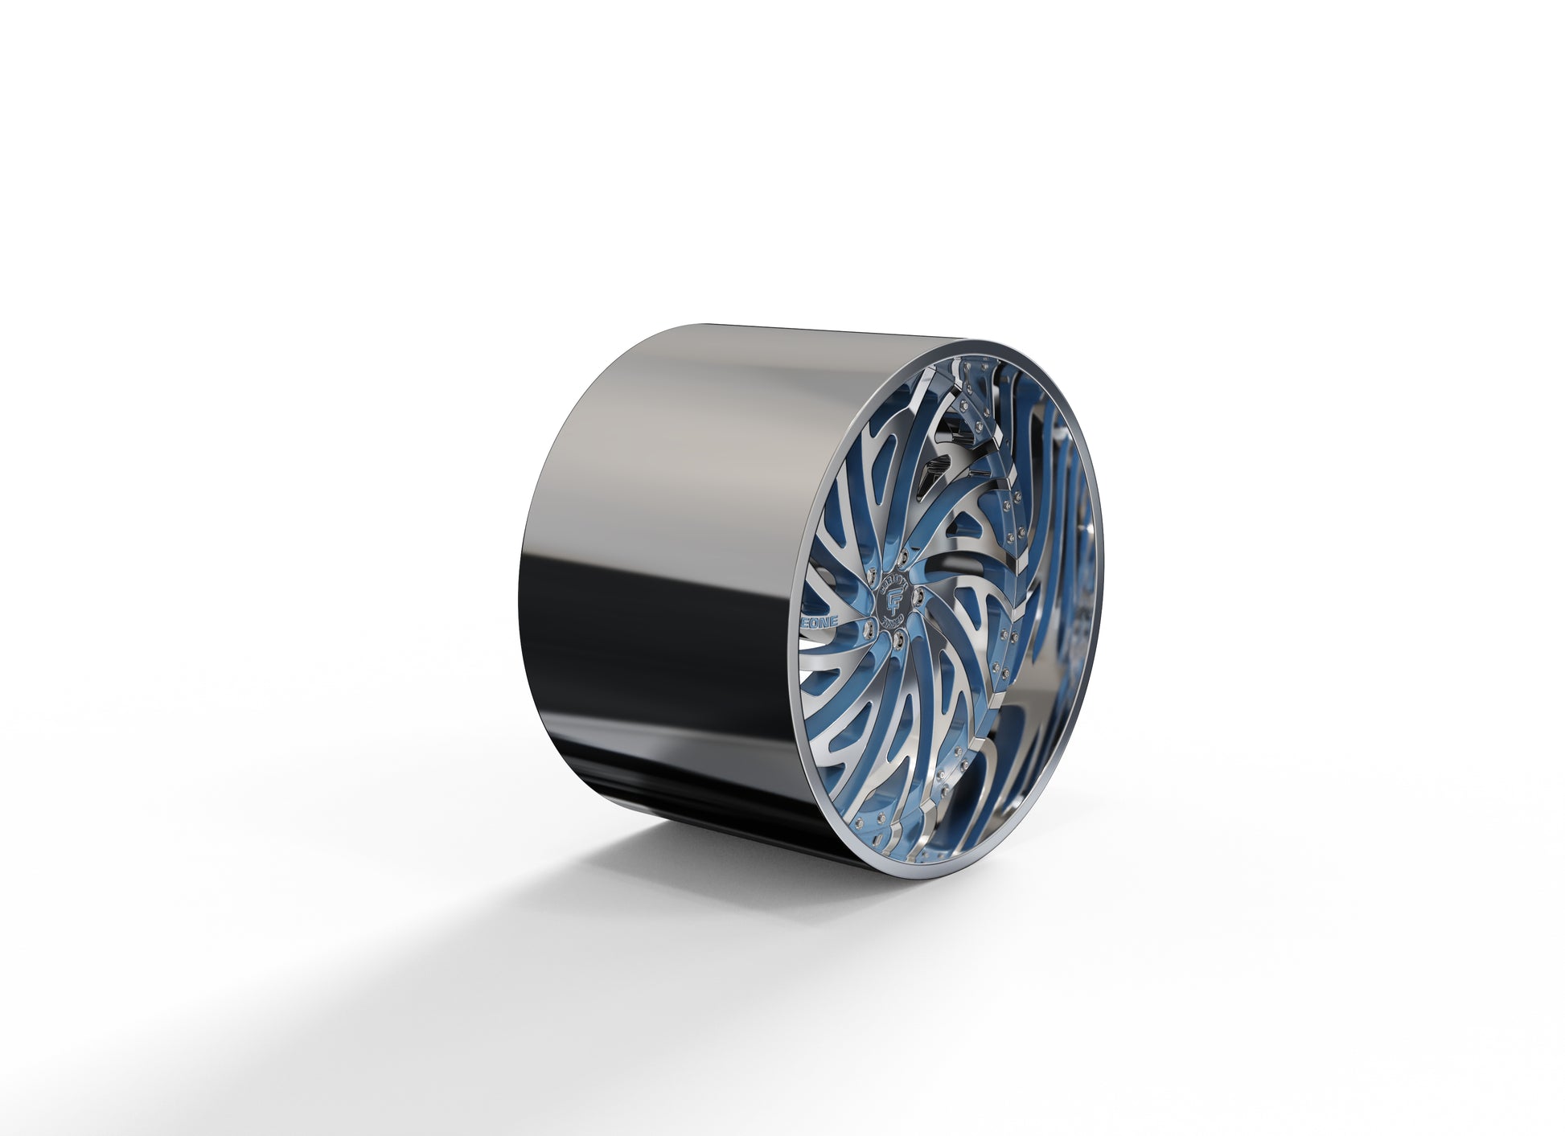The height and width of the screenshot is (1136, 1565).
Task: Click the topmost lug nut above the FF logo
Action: point(902,557)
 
